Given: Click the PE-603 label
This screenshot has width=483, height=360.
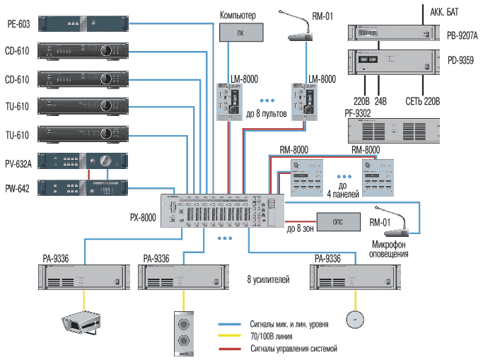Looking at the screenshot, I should coord(18,23).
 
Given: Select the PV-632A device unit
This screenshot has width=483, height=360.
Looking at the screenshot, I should coord(84,161).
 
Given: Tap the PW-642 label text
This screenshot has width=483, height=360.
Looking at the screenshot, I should coord(18,187).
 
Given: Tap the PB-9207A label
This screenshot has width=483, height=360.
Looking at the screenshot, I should coord(462,34).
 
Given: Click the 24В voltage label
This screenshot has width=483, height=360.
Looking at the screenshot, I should coord(380,101).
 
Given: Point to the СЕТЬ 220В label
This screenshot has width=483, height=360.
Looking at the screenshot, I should coord(422,101).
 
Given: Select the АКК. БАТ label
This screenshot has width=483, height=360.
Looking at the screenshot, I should coord(446,11).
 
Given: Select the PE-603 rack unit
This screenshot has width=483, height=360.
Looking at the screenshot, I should coord(84,23).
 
